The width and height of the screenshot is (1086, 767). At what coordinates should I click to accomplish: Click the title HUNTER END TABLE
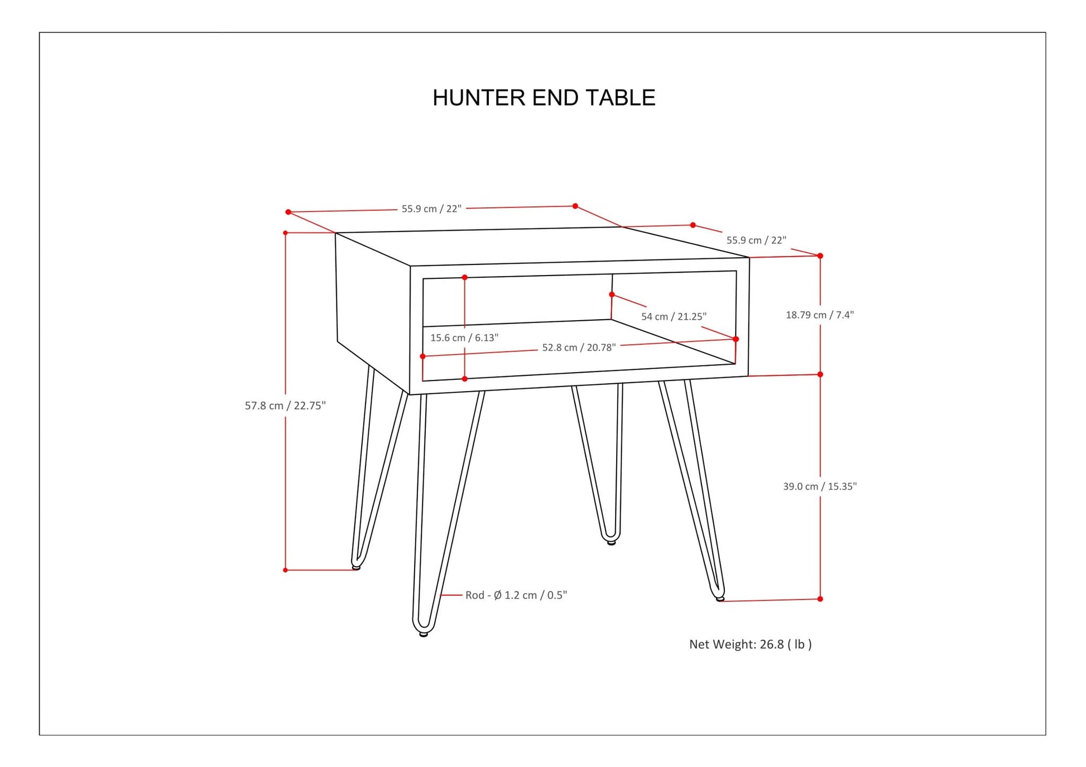[x=544, y=98]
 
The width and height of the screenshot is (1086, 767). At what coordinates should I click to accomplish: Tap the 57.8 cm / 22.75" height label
[x=285, y=406]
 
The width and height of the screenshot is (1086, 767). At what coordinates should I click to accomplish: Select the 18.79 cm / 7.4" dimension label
[x=820, y=315]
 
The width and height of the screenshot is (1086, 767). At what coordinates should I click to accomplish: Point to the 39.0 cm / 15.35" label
[x=820, y=486]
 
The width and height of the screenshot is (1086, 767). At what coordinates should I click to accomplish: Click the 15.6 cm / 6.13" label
[x=464, y=337]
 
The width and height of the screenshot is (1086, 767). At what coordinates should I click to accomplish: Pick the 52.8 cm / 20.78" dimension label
[x=579, y=348]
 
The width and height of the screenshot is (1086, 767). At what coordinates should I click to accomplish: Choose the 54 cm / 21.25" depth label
[x=674, y=316]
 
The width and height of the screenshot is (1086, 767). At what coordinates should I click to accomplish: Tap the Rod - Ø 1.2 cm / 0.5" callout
[x=516, y=595]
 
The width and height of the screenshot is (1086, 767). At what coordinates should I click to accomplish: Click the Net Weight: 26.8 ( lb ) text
[x=751, y=644]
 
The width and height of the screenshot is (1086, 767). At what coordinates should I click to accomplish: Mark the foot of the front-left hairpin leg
[x=424, y=634]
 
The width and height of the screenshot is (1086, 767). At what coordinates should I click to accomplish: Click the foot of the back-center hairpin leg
[x=611, y=542]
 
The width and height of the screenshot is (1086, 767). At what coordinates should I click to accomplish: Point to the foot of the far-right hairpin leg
[x=720, y=598]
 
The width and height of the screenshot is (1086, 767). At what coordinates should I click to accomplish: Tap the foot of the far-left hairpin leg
[x=356, y=567]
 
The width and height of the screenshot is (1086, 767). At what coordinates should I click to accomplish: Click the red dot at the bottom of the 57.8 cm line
[x=285, y=570]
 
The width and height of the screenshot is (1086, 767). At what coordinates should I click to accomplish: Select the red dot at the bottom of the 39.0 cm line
[x=820, y=599]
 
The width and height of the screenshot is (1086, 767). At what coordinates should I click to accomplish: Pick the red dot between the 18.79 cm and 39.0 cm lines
[x=820, y=374]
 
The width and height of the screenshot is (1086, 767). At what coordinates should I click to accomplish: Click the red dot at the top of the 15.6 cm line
[x=464, y=277]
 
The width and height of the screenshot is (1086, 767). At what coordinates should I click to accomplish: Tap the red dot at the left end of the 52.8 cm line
[x=422, y=356]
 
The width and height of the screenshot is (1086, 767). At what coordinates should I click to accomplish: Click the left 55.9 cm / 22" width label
[x=431, y=209]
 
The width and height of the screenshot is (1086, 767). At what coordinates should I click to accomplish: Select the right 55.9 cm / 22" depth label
[x=756, y=240]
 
